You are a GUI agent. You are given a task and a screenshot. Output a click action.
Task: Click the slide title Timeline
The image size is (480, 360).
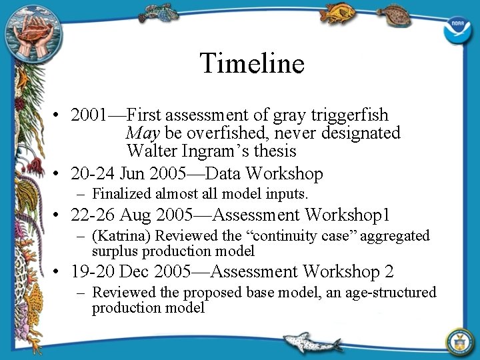coord(252,63)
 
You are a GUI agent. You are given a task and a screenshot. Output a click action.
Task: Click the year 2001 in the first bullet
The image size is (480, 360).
coord(88,115)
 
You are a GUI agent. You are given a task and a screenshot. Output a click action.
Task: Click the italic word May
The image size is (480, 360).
coord(142,133)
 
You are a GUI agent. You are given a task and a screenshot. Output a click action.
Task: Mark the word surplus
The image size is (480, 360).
coord(114,251)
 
